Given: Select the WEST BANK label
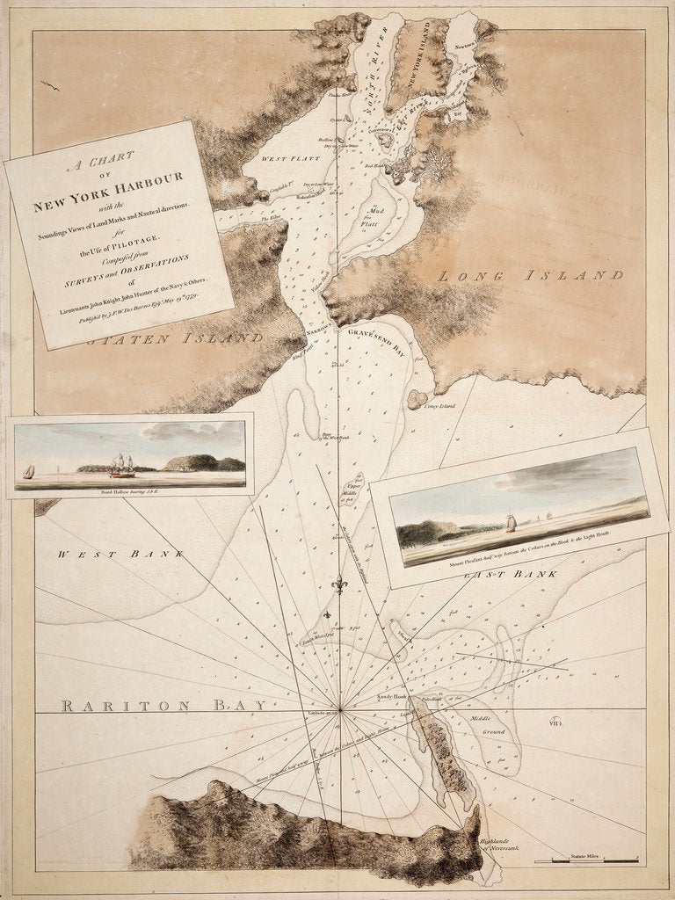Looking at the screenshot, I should pos(120,555).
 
